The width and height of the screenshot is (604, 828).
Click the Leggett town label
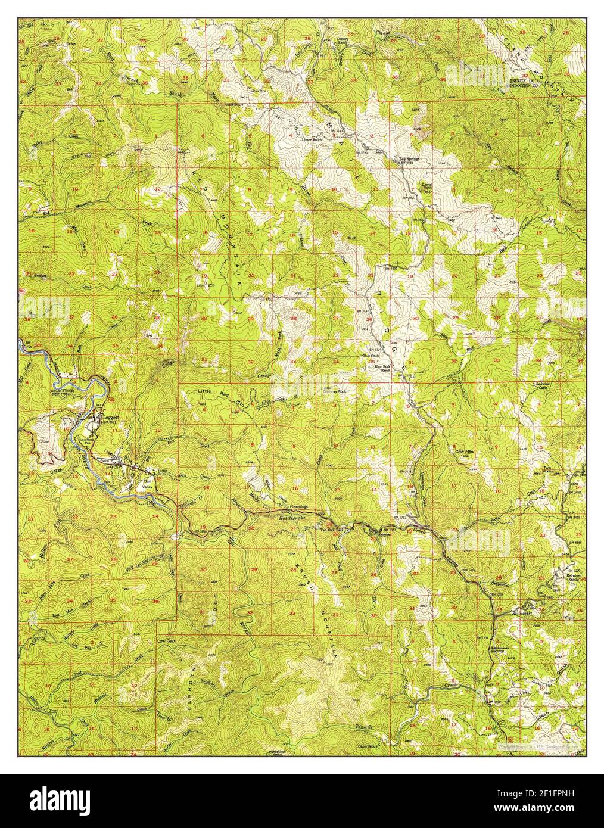pyautogui.click(x=111, y=418)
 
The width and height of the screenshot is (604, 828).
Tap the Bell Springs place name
pyautogui.click(x=409, y=159)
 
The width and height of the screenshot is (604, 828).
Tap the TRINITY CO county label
pyautogui.click(x=522, y=80)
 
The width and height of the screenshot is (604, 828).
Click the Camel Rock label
pyautogui.click(x=426, y=186)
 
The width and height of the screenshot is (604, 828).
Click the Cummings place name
pyautogui.click(x=298, y=507)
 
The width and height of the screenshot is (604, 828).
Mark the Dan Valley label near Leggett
pyautogui.click(x=147, y=483)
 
